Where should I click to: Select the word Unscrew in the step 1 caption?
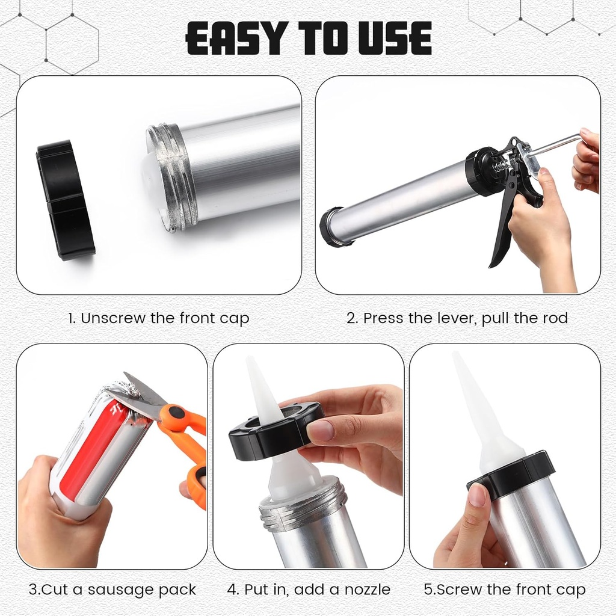point(112,318)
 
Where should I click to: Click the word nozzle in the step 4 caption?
point(368,590)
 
